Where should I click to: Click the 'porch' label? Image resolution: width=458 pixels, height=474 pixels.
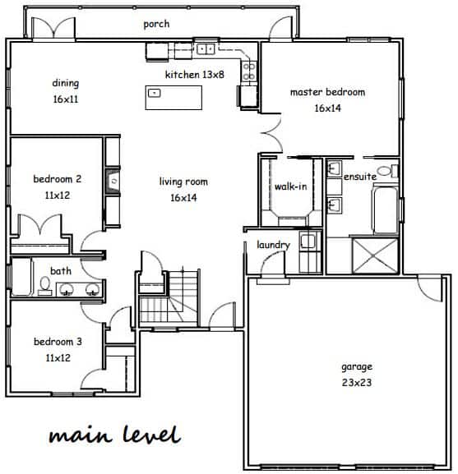(156, 24)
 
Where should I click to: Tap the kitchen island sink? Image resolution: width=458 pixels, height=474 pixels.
(154, 93)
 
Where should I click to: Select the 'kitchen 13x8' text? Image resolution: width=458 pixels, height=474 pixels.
(195, 75)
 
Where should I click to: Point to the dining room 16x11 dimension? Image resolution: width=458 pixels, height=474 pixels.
(66, 99)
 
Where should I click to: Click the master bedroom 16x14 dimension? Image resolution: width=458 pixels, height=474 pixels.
(327, 108)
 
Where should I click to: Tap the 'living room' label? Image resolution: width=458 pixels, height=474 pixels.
(183, 182)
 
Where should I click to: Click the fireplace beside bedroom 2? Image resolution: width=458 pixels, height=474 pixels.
(113, 181)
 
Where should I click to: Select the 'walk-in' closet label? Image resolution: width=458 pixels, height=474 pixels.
(291, 186)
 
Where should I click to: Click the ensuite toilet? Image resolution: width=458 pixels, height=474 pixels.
(388, 171)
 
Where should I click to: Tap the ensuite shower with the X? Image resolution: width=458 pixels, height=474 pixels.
(375, 255)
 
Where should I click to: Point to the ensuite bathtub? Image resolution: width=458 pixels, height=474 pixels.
(385, 209)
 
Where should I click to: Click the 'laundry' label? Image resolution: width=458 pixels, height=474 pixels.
(273, 245)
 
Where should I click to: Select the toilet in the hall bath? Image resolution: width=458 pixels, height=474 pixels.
(44, 286)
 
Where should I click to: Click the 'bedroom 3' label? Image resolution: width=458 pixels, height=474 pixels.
(58, 342)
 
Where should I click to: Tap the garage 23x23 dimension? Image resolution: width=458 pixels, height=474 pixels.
(357, 383)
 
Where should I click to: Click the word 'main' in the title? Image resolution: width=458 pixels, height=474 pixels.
(81, 436)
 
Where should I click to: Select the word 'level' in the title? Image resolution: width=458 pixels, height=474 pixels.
(152, 435)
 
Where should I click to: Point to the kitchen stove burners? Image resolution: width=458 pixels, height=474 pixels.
(249, 71)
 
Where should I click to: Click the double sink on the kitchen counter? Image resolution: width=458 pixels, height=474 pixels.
(206, 48)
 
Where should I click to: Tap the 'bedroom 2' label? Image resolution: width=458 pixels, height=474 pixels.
(58, 179)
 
